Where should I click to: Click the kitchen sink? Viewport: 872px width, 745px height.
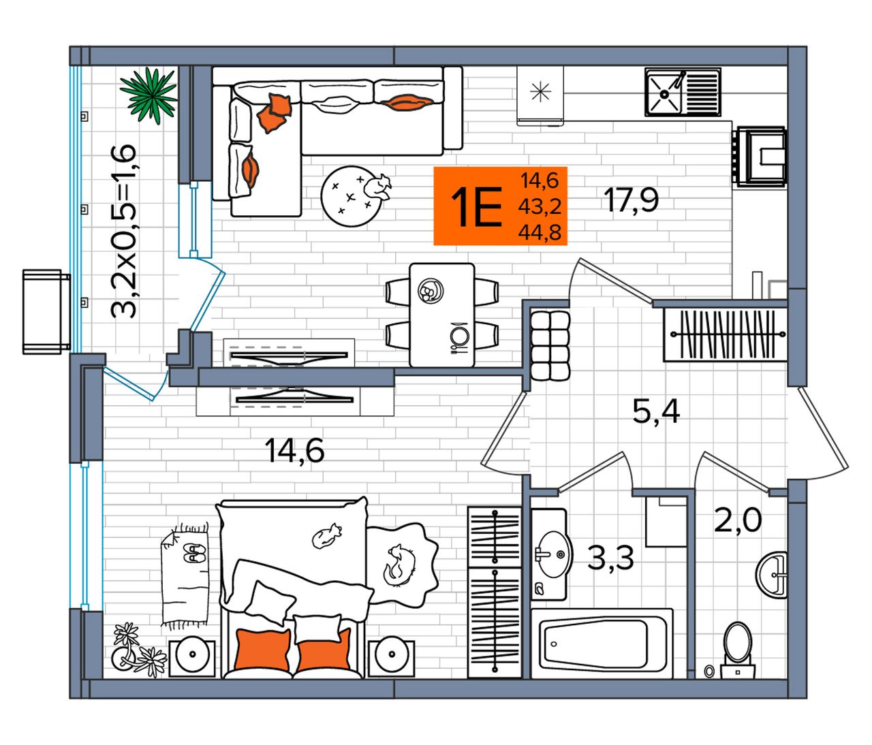pyautogui.click(x=683, y=93)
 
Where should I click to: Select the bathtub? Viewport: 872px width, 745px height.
pyautogui.click(x=602, y=644)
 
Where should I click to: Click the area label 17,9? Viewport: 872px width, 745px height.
pyautogui.click(x=631, y=200)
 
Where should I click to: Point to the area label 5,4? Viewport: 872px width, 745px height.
pyautogui.click(x=656, y=412)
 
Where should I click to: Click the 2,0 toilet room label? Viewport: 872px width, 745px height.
pyautogui.click(x=737, y=520)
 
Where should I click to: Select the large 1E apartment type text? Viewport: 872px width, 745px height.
pyautogui.click(x=476, y=207)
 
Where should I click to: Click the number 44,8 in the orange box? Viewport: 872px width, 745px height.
pyautogui.click(x=540, y=232)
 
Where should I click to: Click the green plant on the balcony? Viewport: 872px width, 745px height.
pyautogui.click(x=149, y=96)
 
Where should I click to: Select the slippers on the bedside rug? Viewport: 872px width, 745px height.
pyautogui.click(x=194, y=552)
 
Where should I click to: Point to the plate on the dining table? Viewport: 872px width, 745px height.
pyautogui.click(x=431, y=290)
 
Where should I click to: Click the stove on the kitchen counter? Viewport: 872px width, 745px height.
pyautogui.click(x=760, y=156)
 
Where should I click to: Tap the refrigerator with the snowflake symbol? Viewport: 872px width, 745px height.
pyautogui.click(x=540, y=95)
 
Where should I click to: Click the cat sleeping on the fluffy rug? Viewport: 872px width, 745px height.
pyautogui.click(x=399, y=566)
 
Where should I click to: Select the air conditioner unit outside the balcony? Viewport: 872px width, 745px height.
pyautogui.click(x=46, y=312)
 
